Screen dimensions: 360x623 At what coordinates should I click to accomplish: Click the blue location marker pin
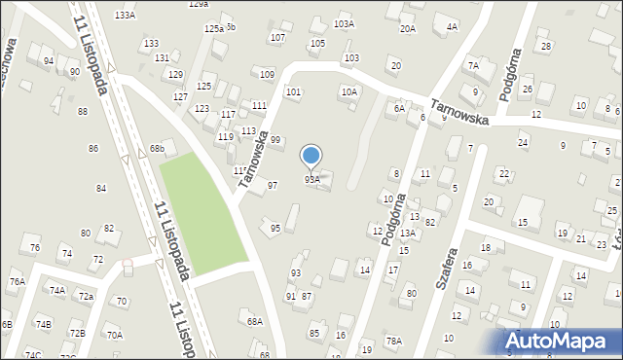coord(311,156)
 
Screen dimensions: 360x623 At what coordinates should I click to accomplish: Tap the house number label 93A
coord(311,179)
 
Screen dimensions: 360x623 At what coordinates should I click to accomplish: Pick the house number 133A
coord(125,16)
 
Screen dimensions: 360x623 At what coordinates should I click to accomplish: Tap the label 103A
coord(344,23)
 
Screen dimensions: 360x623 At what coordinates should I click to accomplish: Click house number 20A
coord(407,29)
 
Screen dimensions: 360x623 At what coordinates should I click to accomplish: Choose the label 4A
coord(452,27)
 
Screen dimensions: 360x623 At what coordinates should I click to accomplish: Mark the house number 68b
coord(157,149)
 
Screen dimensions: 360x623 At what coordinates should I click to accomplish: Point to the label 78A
coord(393,341)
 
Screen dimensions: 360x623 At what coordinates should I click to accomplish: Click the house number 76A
coord(17,282)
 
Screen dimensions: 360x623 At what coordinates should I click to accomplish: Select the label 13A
coord(408,234)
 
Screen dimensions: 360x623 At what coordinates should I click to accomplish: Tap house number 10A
coord(348,91)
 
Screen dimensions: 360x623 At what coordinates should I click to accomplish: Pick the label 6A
coord(399,109)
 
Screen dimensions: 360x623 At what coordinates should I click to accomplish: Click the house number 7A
coord(474,66)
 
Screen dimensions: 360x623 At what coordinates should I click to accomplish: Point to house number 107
coord(277,38)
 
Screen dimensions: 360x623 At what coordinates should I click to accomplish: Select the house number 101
coord(292,92)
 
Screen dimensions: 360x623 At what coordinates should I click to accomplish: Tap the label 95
coord(275,228)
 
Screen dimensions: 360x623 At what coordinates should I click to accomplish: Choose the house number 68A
coord(255,321)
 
